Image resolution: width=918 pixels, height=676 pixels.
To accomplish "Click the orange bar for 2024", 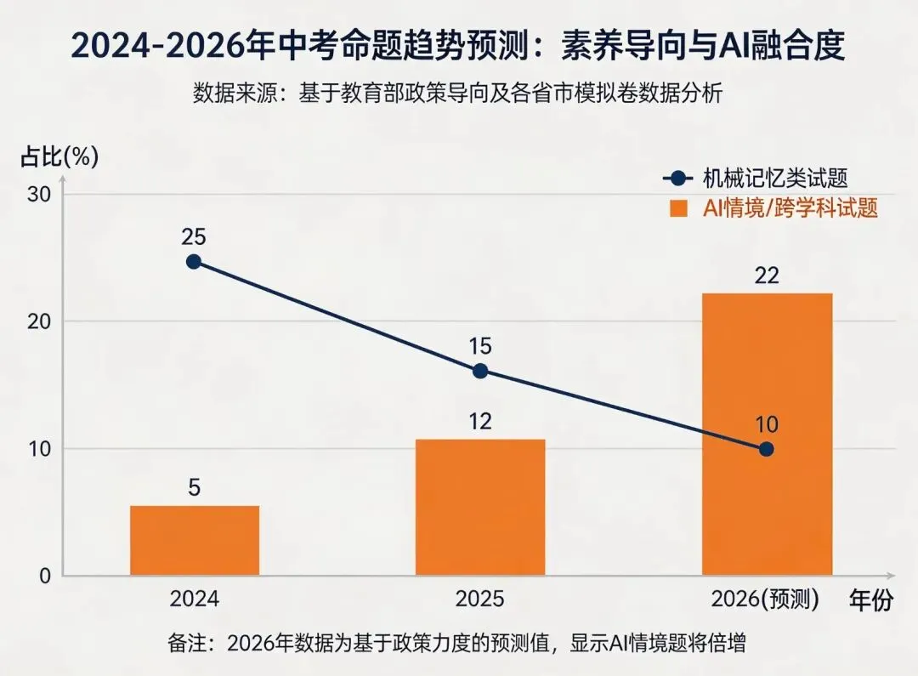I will point(195,541).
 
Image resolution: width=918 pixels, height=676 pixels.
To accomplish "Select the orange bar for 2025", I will point(480,508).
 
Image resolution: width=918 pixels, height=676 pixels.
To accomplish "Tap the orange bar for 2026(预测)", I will point(767,435).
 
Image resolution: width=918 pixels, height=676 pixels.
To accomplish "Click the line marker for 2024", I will point(194,262).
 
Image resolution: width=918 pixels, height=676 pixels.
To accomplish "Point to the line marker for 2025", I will point(480,371).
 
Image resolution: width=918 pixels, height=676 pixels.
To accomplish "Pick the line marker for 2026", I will point(767,449).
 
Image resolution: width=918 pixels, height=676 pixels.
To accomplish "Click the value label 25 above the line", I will point(194,237).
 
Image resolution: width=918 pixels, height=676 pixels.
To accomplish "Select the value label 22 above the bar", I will point(767,276).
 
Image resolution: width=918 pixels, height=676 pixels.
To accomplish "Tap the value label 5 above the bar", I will point(194,488).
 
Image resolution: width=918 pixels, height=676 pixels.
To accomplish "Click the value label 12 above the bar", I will point(480,421).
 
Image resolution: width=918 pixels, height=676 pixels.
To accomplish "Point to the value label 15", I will point(480,346).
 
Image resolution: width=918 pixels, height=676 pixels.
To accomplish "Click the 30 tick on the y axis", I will point(39,195).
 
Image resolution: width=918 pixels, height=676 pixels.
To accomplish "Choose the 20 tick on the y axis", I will point(39,321).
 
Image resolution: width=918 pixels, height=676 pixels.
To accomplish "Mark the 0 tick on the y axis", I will point(44,576).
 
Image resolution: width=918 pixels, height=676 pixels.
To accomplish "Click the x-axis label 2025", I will point(480,599).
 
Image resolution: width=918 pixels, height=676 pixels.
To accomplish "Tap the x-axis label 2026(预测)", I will point(766,599).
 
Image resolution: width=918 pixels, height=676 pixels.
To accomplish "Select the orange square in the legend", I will point(677,208).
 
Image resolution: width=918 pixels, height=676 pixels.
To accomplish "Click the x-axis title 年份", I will point(871,600).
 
